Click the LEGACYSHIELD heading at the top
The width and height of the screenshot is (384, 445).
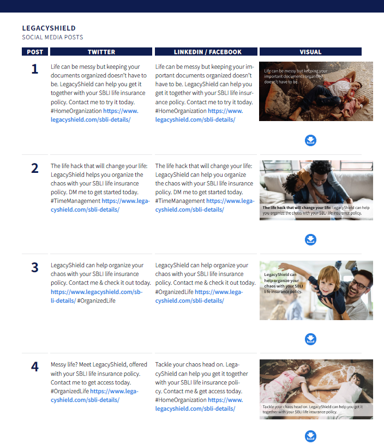click(49, 28)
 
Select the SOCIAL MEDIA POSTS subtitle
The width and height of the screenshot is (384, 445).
click(52, 37)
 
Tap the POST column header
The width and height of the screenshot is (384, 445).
click(35, 52)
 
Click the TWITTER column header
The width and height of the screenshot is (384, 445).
click(101, 52)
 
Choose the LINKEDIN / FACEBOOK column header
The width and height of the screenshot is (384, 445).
click(207, 52)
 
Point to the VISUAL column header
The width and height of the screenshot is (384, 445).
click(310, 52)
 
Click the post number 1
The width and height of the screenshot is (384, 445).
click(34, 69)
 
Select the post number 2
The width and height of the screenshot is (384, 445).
click(34, 169)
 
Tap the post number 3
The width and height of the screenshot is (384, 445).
click(34, 268)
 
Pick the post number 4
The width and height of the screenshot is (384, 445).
click(34, 366)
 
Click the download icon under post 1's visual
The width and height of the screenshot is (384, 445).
click(310, 141)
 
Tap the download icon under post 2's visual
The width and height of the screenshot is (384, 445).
click(310, 240)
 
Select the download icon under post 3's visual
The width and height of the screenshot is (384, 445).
click(310, 339)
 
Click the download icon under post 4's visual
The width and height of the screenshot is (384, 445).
click(310, 436)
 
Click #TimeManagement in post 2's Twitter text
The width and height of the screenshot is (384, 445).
click(75, 201)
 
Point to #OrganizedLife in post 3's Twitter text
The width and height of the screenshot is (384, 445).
click(96, 300)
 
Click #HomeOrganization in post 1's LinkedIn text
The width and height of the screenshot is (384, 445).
click(181, 111)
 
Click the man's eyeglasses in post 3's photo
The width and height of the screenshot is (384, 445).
click(358, 284)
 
